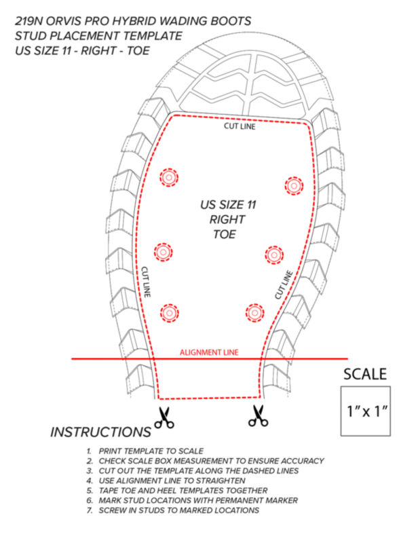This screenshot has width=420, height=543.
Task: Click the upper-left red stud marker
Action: pos(169,177)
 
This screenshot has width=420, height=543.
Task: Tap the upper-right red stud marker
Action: pos(294,185)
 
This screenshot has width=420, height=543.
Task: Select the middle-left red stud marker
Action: pos(163,252)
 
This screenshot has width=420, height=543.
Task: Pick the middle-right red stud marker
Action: pos(274,255)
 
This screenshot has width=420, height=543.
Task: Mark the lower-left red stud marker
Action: pos(170,313)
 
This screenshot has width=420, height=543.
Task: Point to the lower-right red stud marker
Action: pos(255,313)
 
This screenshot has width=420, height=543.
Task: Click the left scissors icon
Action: pos(164,417)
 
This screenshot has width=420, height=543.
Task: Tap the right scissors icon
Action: pos(259,415)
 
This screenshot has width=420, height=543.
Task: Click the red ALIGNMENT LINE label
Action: pos(209,352)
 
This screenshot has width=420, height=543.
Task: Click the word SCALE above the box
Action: pos(365,375)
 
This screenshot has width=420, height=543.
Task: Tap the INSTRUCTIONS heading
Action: pos(100,432)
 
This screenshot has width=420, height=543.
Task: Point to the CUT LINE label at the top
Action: pos(240,126)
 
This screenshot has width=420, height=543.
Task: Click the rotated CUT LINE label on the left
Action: pos(146,282)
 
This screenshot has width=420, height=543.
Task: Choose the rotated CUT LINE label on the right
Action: pos(284,285)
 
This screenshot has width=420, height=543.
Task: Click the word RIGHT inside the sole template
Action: pos(227,219)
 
